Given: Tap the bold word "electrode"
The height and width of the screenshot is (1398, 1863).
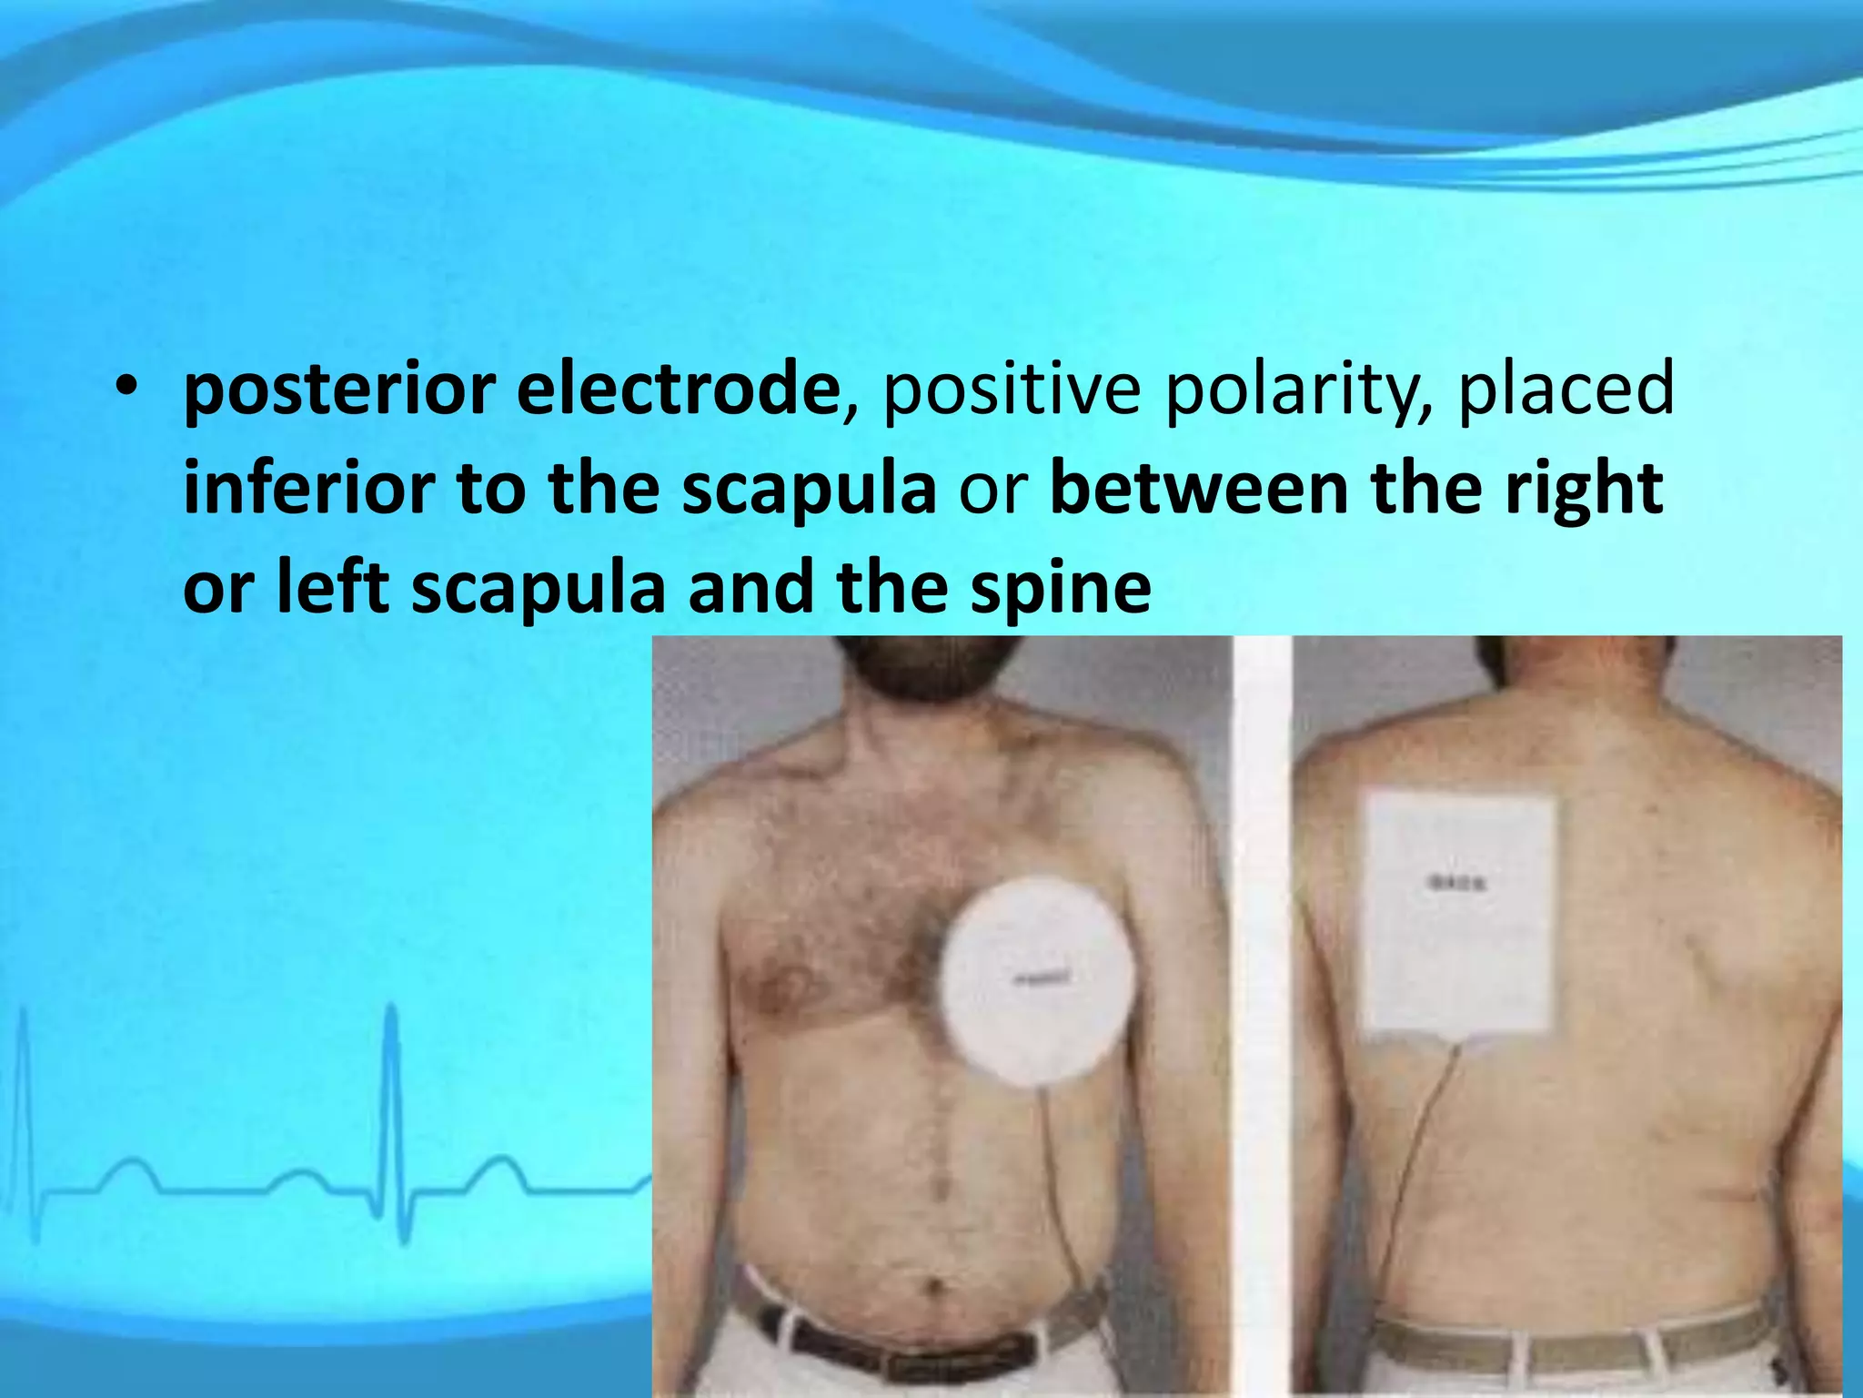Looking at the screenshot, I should (678, 388).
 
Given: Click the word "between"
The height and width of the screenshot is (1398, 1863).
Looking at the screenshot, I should (1200, 489).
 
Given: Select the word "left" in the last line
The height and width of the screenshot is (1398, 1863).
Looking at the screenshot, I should (332, 587).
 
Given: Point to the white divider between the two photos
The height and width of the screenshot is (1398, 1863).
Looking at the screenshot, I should (1261, 1001).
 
